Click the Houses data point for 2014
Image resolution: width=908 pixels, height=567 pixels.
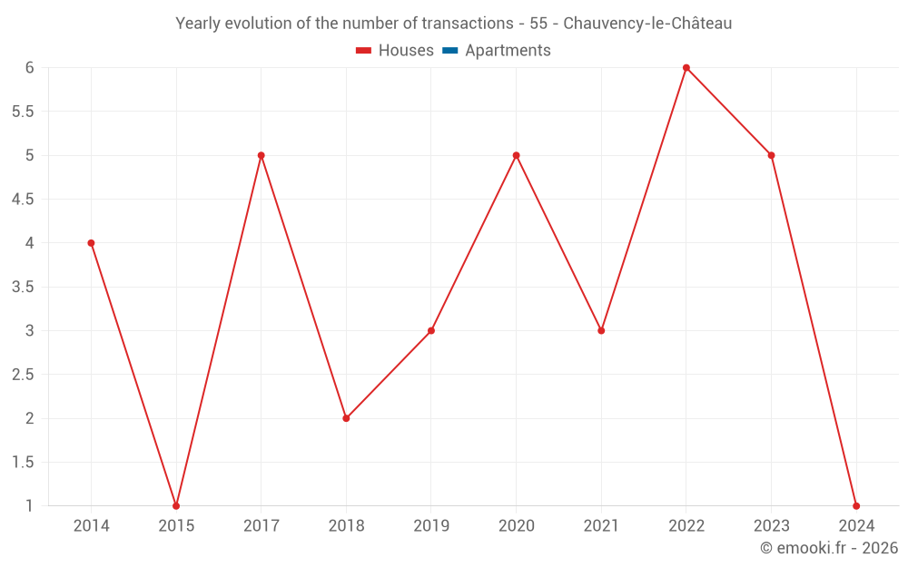click(91, 243)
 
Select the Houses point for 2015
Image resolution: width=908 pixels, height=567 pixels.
click(176, 506)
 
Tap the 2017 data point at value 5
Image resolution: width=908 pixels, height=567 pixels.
click(262, 155)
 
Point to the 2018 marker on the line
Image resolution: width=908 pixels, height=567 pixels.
click(346, 418)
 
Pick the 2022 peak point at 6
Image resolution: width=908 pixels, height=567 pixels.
click(686, 67)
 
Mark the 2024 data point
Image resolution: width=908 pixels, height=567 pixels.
click(856, 506)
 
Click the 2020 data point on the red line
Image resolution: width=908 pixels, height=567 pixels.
click(517, 155)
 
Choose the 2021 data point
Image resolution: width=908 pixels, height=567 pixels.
click(601, 330)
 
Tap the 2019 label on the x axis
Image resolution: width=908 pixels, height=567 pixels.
click(431, 525)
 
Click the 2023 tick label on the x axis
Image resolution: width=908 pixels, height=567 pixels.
click(771, 525)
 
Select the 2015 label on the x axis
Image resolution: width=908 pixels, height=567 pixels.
click(176, 525)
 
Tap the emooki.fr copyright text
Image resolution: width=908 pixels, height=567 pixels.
click(830, 548)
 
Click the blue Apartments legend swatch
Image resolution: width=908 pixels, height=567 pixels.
click(449, 51)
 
